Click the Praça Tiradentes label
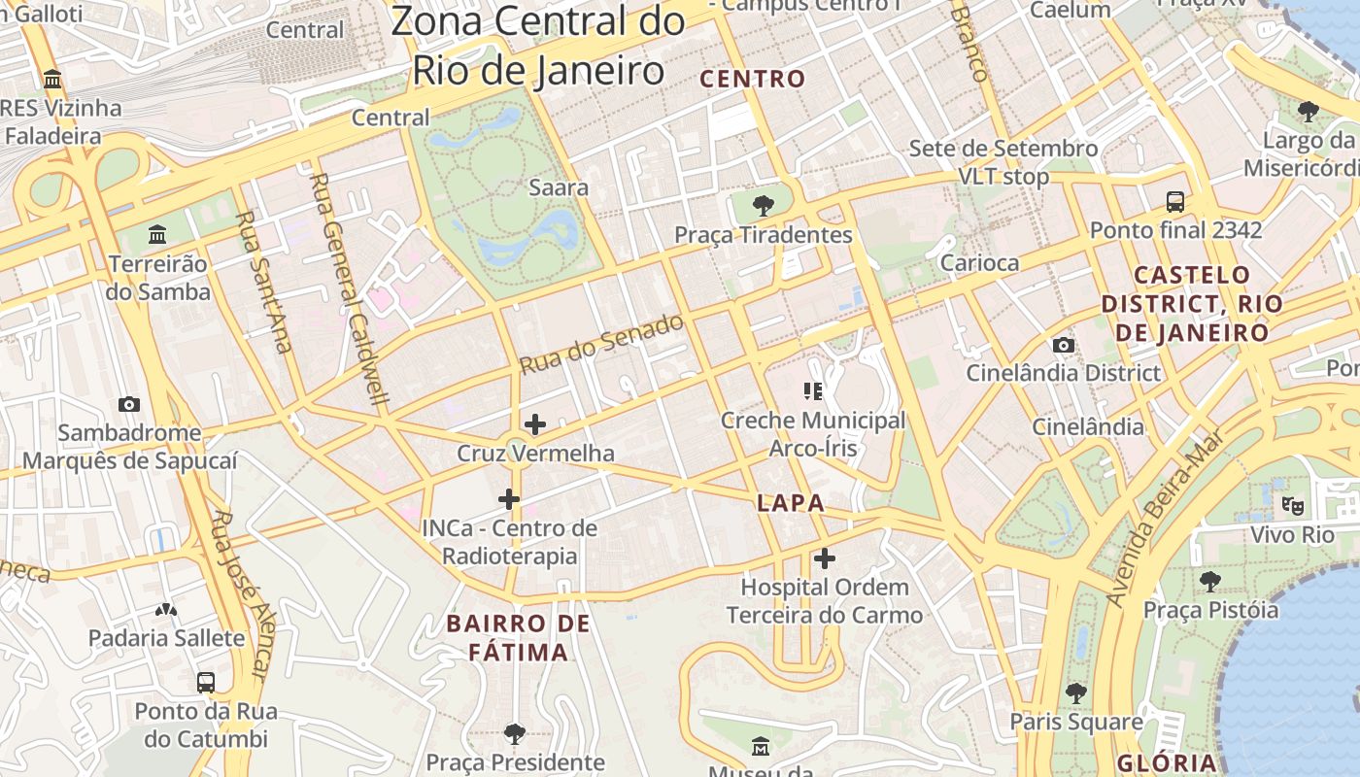(x=764, y=235)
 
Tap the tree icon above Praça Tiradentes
(x=764, y=205)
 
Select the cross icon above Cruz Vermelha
(x=534, y=424)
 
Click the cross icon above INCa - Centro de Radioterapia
(x=508, y=499)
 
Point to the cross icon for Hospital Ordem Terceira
(x=824, y=558)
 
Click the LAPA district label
(x=791, y=503)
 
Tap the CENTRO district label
(x=753, y=79)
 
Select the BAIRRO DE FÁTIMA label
(x=518, y=637)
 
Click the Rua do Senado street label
(x=601, y=345)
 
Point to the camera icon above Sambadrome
(x=128, y=404)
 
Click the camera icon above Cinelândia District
(x=1063, y=345)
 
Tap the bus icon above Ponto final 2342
(x=1175, y=202)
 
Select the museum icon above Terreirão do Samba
(x=157, y=235)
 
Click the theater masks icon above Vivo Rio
(x=1292, y=505)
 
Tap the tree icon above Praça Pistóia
(x=1209, y=581)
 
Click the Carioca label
(x=979, y=263)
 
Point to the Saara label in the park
(x=558, y=187)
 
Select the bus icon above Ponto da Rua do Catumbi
(x=205, y=682)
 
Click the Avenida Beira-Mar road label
(x=1161, y=533)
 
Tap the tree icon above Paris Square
(x=1074, y=693)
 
